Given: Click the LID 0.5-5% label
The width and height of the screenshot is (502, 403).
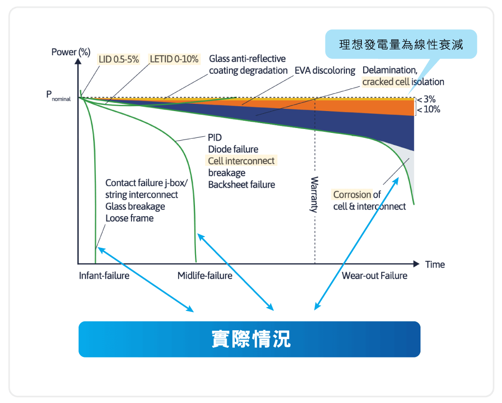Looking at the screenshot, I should pos(119,59).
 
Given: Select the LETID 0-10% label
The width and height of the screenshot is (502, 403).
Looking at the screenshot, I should pos(174,59).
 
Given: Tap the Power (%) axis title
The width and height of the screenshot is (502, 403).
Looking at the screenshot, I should pos(71,52).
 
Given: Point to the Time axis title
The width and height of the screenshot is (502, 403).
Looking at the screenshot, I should pos(435,264).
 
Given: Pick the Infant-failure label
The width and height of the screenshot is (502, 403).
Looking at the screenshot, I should pos(104,276).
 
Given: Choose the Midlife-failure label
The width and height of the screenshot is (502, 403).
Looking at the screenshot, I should pos(205,276).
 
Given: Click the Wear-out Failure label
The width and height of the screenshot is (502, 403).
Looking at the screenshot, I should pos(374,276).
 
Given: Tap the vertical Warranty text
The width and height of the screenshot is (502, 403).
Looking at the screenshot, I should pos(314,194).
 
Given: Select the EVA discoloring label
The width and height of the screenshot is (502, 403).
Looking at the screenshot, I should pos(325,71).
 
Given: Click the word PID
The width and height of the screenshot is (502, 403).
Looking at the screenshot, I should pos(215,138).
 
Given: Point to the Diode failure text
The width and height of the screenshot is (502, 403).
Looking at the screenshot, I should pos(233,149).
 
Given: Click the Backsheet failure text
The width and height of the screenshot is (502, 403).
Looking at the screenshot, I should pos(242,184).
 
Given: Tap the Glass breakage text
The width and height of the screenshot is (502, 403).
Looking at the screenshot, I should pos(135,206).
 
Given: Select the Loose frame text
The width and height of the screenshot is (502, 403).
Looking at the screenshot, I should pos(130,218).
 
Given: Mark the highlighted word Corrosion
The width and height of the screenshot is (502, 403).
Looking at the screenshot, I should pos(352,195).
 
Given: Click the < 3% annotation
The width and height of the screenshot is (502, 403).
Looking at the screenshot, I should pos(426,99).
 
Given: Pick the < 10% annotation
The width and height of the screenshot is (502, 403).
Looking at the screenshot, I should pos(429,109).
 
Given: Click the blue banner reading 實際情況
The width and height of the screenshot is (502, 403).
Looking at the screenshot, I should pos(249,339).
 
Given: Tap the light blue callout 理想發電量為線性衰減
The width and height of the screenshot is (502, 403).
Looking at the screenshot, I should pos(401,45).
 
